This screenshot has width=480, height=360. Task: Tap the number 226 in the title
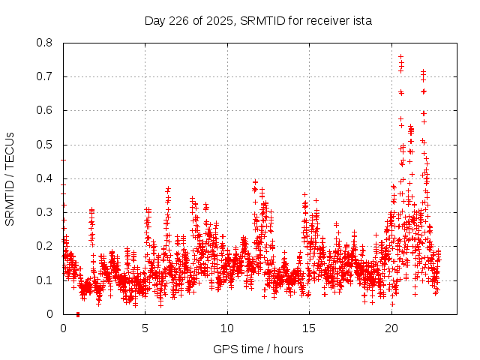(x=176, y=20)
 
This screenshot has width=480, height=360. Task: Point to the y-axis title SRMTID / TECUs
(x=10, y=178)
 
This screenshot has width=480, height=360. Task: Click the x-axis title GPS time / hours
(x=258, y=349)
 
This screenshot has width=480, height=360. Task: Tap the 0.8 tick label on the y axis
(x=45, y=43)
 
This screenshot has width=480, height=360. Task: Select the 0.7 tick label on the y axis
(x=45, y=76)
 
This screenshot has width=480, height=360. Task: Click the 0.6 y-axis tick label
(x=45, y=110)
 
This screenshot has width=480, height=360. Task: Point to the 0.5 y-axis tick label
(x=45, y=145)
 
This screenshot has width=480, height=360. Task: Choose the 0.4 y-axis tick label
(x=45, y=178)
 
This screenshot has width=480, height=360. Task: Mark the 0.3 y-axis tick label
(x=45, y=212)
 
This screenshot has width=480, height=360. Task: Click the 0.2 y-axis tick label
(x=45, y=246)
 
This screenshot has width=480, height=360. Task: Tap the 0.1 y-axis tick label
(x=45, y=280)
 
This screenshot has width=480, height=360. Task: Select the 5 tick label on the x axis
(x=145, y=328)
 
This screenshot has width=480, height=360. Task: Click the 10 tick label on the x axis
(x=227, y=328)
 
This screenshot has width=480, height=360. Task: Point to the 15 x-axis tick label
(x=309, y=328)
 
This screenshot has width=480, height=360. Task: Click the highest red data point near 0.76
(x=400, y=56)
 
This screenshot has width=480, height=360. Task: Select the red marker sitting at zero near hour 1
(x=78, y=313)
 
